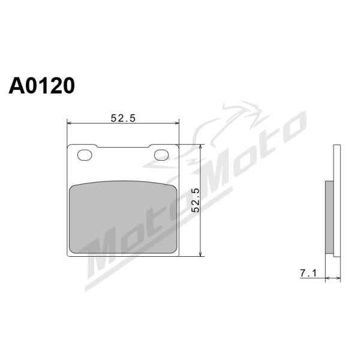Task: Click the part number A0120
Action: [x=41, y=85]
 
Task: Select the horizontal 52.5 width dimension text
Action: [x=123, y=118]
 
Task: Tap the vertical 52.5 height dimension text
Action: [x=196, y=200]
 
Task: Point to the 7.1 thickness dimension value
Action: [x=308, y=273]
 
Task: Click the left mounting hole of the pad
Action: [x=85, y=155]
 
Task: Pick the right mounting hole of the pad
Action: [x=161, y=155]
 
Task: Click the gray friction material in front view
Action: [x=123, y=217]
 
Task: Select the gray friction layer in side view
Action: [x=329, y=217]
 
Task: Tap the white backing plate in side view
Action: [x=337, y=200]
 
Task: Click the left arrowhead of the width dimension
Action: [x=69, y=123]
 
